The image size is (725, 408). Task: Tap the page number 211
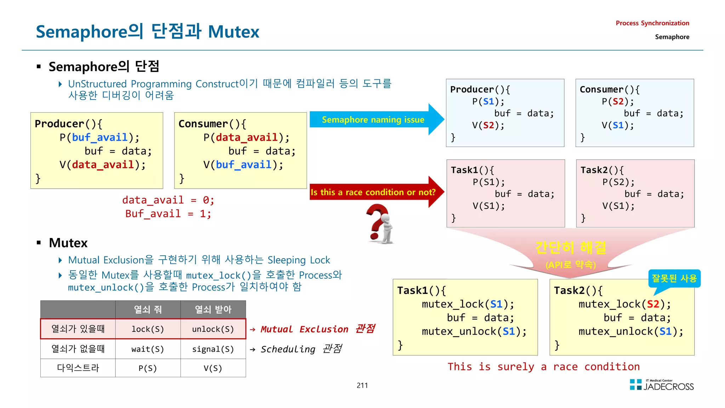pos(362,385)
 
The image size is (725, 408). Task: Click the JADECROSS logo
pos(662,385)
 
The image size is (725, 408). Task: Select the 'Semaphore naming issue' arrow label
pos(373,120)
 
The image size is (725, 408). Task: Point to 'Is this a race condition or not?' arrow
pos(373,192)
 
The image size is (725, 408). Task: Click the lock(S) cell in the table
pos(148,329)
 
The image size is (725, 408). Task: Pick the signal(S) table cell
pos(213,349)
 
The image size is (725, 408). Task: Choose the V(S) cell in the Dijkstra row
pos(213,368)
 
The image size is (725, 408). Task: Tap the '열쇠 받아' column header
pos(213,310)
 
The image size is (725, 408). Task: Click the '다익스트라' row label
pos(78,368)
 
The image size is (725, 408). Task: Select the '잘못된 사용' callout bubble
pos(674,278)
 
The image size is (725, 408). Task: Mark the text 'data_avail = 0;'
pos(168,200)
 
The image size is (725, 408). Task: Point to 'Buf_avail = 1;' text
pos(168,214)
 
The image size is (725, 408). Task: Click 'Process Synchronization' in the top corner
pos(652,23)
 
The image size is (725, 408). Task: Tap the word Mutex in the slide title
pos(234,32)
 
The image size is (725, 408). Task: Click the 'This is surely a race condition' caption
pos(543,367)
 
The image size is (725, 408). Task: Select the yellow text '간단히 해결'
pos(571,248)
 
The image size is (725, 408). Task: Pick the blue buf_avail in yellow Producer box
pos(99,137)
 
